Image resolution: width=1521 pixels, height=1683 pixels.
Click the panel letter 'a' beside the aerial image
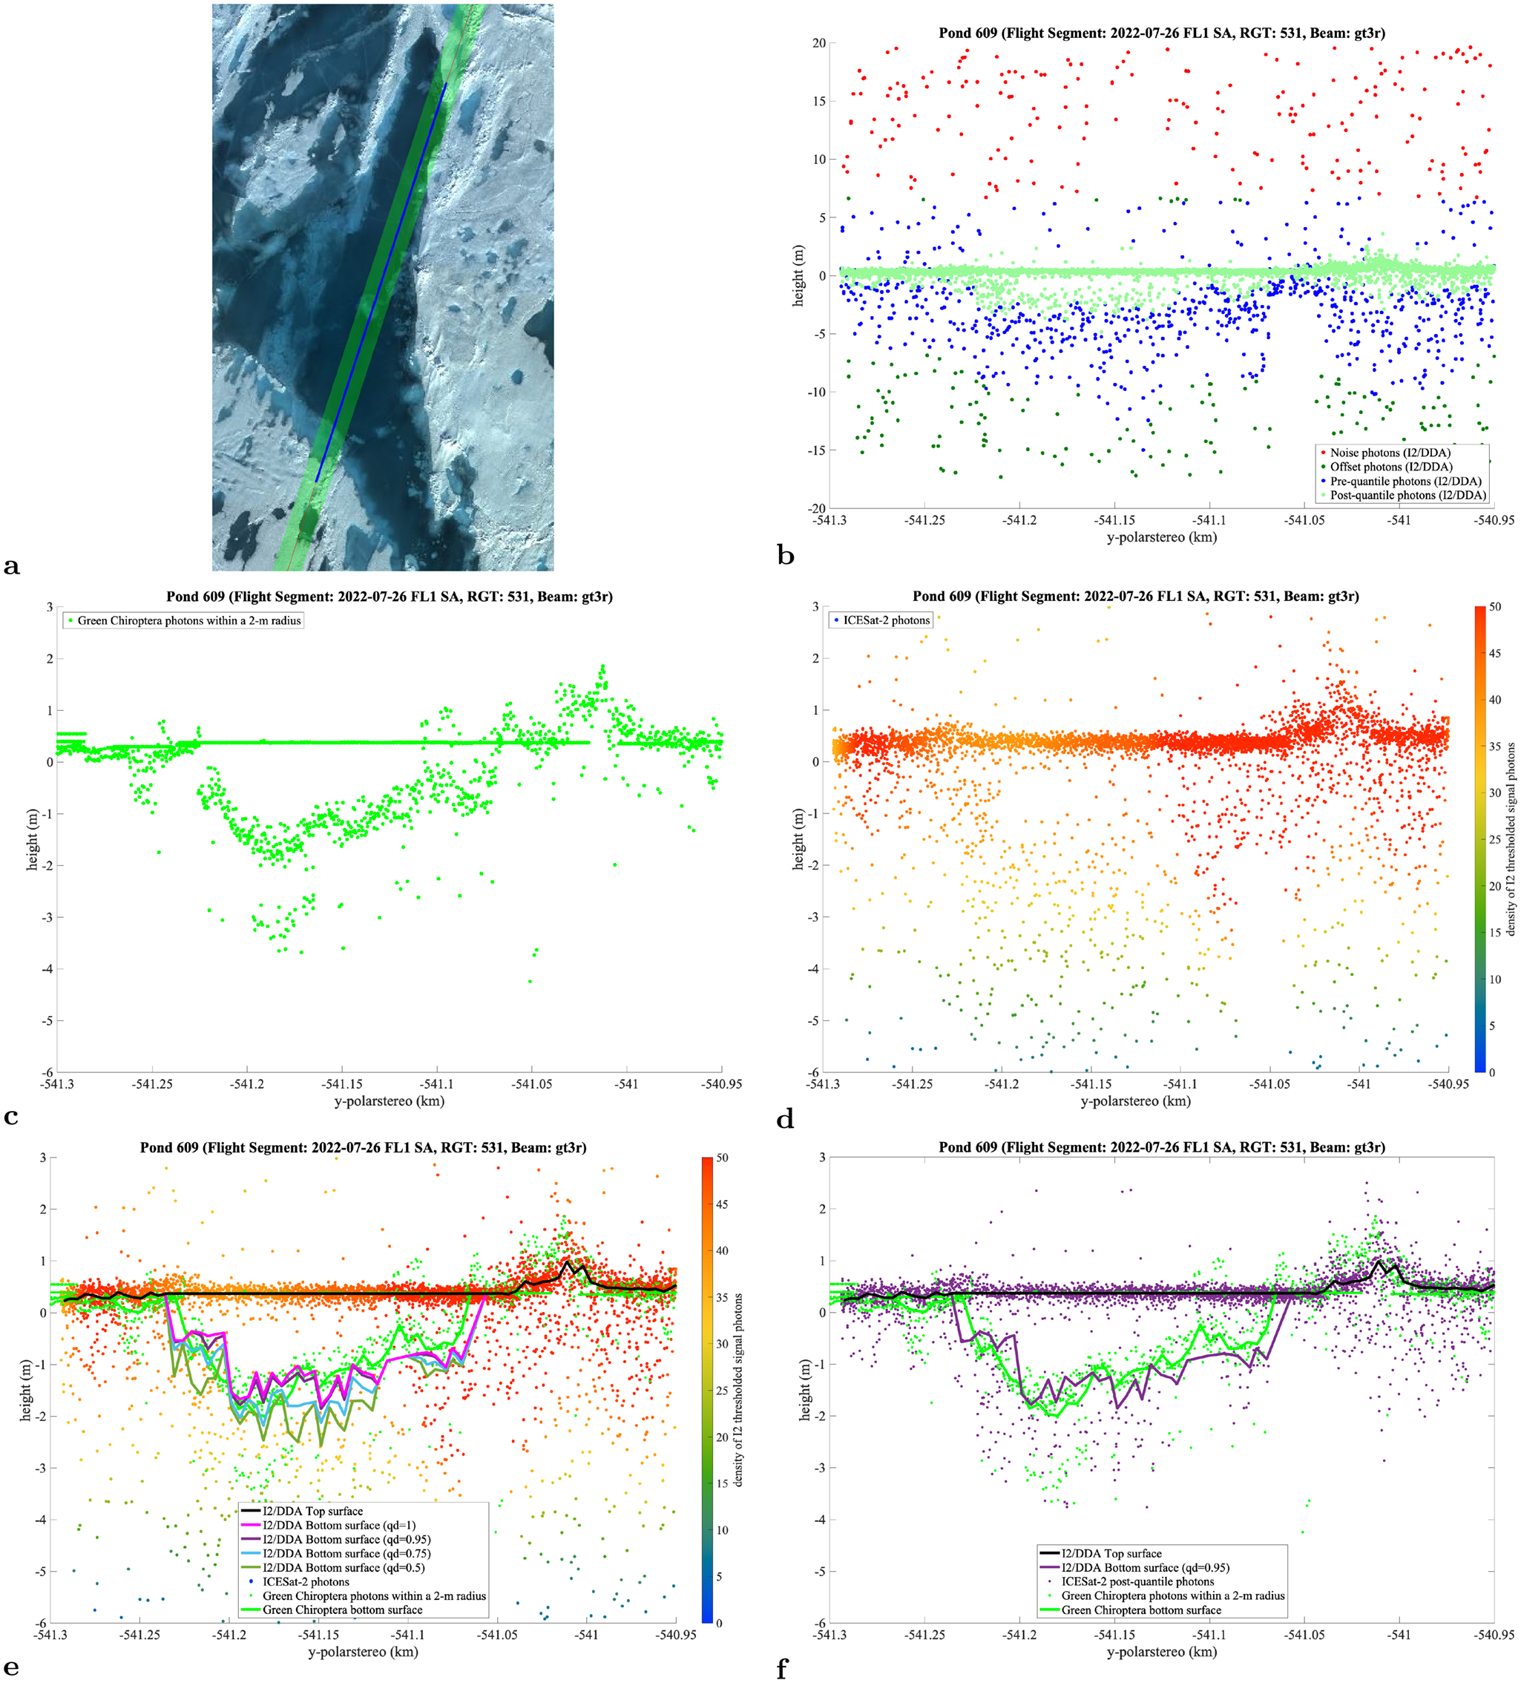pos(11,567)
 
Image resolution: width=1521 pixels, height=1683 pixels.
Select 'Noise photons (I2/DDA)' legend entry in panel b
pos(1390,453)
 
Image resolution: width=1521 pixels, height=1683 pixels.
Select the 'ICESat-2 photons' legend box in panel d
pos(881,620)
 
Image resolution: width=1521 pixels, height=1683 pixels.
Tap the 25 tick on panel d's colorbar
pos(1494,839)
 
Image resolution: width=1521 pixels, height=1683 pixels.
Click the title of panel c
pos(389,596)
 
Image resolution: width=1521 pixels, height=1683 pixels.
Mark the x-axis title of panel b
pos(1161,537)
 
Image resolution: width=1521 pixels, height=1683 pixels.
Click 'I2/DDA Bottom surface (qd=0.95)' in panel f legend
pos(1134,1568)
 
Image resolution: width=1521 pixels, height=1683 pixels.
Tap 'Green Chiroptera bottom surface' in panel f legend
pos(1129,1610)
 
